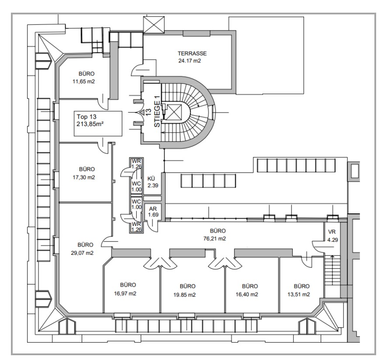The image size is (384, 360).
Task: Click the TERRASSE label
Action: click(192, 53)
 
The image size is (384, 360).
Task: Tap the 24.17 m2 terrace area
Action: click(190, 61)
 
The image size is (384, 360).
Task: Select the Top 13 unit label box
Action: click(98, 123)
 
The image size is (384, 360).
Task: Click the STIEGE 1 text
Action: click(157, 111)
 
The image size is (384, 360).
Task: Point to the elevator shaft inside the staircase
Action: click(173, 112)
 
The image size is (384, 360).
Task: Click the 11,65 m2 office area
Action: click(83, 82)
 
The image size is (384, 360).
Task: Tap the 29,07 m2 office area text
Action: click(82, 253)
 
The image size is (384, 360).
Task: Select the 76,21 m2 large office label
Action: click(214, 238)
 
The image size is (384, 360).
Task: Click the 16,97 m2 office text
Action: click(125, 293)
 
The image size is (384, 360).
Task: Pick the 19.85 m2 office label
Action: click(184, 295)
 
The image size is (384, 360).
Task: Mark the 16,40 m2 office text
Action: click(247, 294)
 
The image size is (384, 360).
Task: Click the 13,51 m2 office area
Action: click(298, 294)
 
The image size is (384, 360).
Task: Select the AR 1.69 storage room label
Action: click(153, 212)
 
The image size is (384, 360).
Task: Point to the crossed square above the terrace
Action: click(154, 24)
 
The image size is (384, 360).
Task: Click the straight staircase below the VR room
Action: click(332, 270)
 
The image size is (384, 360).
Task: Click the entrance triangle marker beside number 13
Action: click(142, 113)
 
